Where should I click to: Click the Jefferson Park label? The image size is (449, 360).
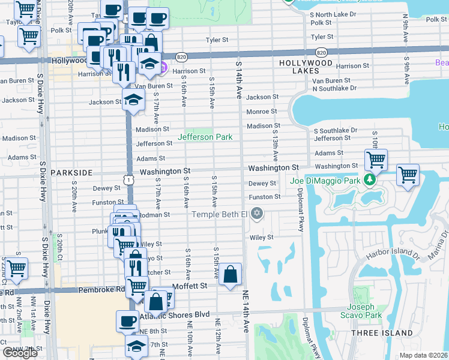click(205, 137)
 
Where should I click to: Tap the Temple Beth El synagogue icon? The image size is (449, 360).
click(258, 214)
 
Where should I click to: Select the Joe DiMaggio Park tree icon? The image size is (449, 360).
click(371, 180)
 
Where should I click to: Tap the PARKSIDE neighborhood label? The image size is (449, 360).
click(71, 173)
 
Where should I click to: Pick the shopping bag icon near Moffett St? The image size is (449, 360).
click(230, 275)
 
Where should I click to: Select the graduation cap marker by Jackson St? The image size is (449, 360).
click(134, 100)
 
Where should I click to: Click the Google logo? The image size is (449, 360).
click(20, 353)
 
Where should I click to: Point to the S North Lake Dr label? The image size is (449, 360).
click(339, 14)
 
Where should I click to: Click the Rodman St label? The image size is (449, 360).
click(157, 214)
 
